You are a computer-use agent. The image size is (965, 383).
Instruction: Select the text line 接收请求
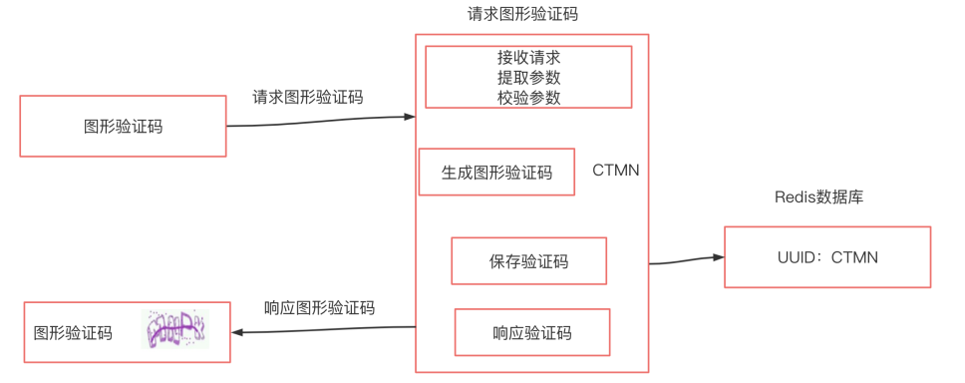coord(528,58)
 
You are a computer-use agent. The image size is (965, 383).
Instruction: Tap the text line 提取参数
coord(528,77)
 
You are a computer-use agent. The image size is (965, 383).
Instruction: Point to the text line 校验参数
coord(528,97)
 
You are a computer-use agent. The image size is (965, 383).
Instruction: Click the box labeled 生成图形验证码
coord(496,172)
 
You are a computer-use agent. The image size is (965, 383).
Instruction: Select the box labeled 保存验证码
coord(528,261)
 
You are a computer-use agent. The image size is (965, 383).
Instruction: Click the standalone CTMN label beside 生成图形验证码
coord(615,171)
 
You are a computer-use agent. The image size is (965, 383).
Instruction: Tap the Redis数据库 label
coord(818,196)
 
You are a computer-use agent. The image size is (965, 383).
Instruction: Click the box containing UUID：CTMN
coord(826,257)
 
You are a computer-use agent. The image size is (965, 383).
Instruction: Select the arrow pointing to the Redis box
coord(686,261)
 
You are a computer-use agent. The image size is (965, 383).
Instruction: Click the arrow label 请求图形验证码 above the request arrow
coord(307,98)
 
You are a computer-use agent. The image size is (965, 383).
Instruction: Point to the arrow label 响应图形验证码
coord(319,308)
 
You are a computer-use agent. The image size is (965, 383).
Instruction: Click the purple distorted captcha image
coord(175,328)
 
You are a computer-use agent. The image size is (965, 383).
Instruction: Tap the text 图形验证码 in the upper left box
coord(123,127)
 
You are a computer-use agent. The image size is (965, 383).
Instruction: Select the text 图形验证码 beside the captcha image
coord(73,333)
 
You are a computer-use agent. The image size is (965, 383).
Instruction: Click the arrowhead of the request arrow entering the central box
coord(410,117)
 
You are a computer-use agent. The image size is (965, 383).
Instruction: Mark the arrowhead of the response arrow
coord(237,333)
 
